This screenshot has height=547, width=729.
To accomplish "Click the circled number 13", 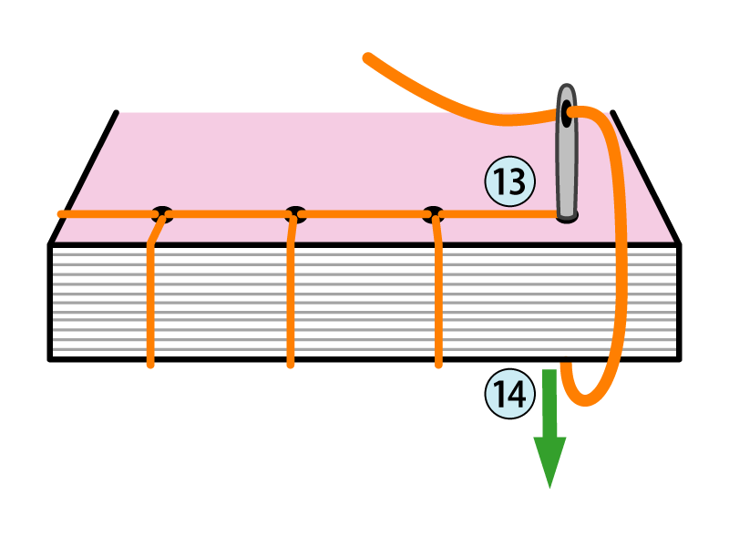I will click(509, 181).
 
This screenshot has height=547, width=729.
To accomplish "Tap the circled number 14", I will click(508, 393).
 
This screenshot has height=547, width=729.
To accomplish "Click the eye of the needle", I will click(567, 115).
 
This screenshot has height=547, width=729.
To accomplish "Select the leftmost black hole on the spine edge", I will click(161, 215).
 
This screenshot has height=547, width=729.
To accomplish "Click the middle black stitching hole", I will click(293, 215).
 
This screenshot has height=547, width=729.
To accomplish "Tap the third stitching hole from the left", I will click(434, 215).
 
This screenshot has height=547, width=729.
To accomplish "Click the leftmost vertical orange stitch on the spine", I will click(150, 301).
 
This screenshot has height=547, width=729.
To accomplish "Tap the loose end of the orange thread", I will click(367, 58).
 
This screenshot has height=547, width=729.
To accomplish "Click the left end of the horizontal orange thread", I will click(62, 214).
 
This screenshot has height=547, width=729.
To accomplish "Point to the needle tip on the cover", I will click(567, 216).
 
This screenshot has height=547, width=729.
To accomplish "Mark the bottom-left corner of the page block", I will click(51, 359).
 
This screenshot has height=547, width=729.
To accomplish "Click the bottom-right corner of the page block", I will click(680, 359).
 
